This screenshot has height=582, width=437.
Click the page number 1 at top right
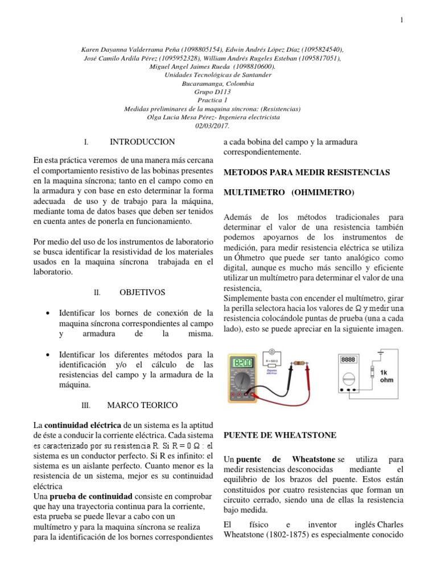(402, 20)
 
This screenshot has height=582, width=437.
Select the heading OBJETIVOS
(142, 292)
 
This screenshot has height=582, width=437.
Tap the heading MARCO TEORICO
(142, 405)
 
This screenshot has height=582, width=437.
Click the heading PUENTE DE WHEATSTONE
(279, 435)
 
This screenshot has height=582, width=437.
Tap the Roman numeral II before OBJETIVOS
(97, 293)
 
